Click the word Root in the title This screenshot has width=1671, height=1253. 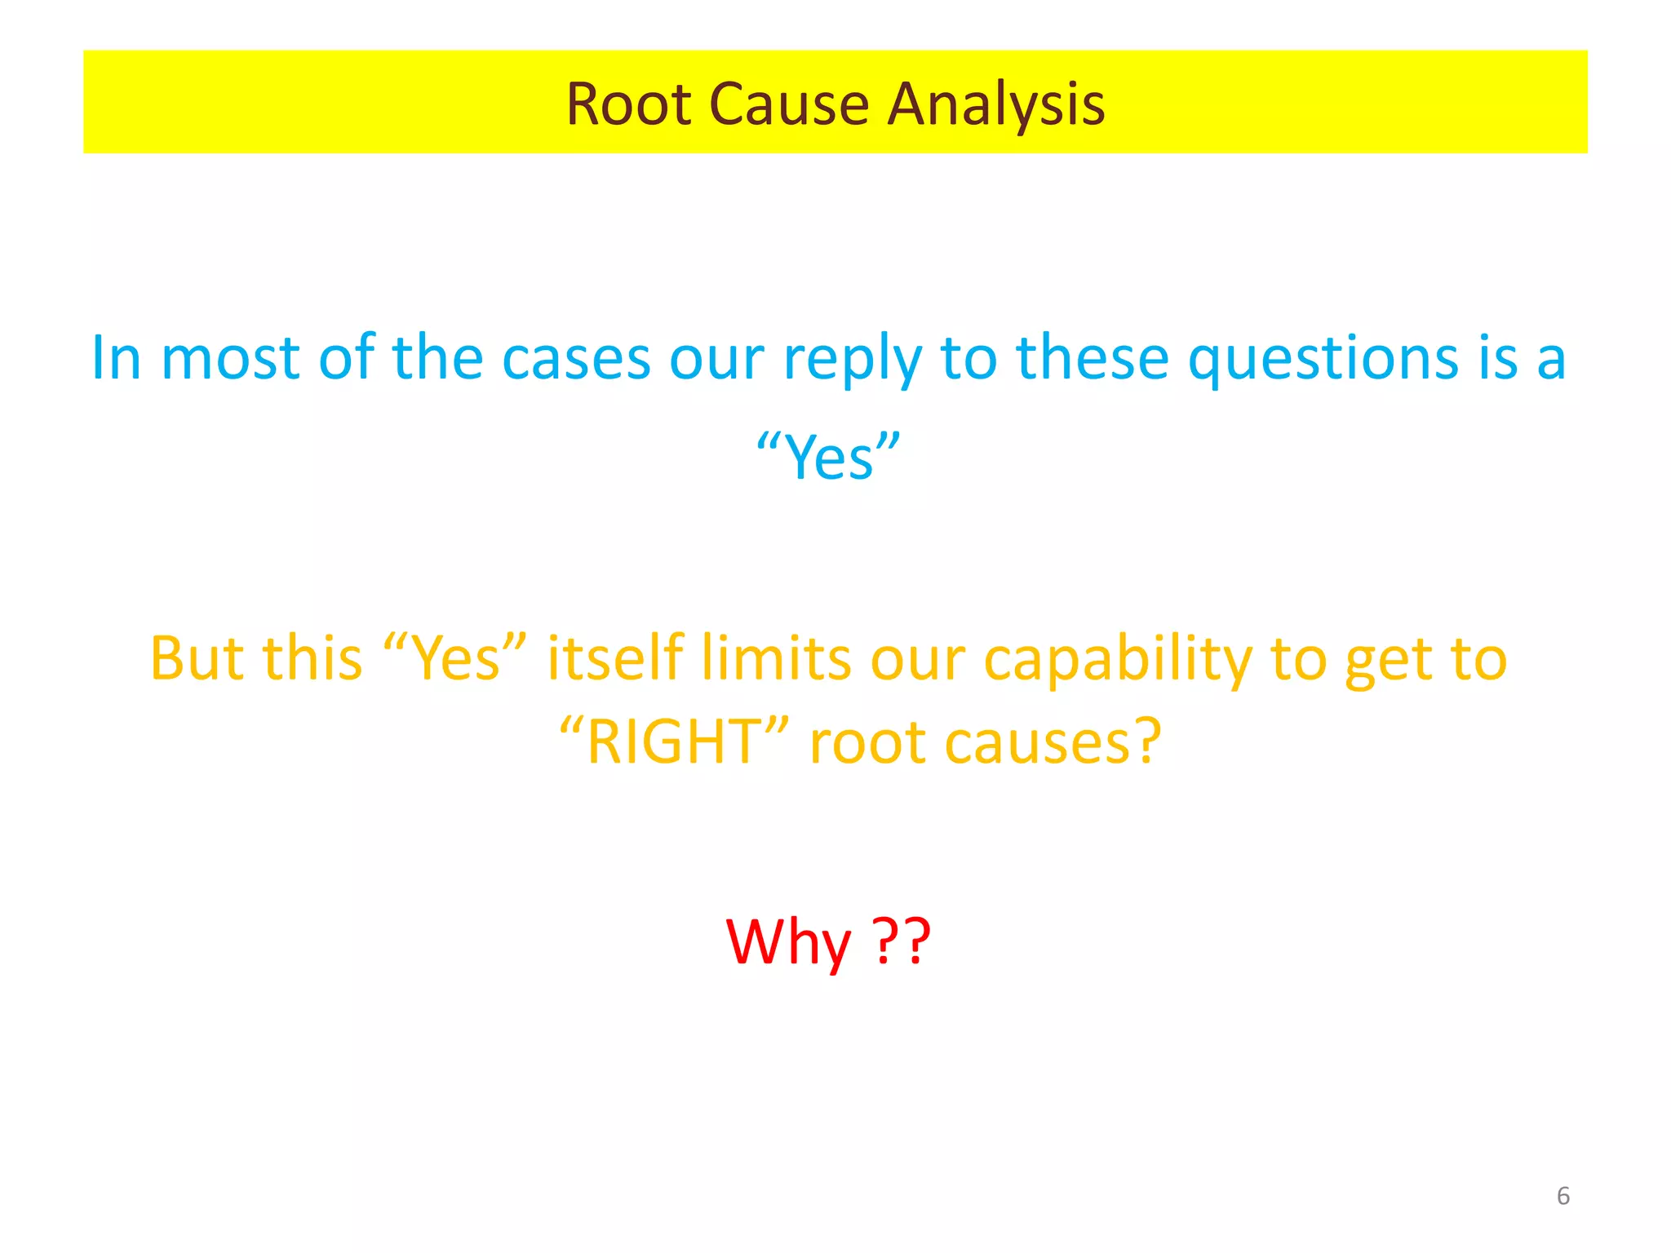[628, 104]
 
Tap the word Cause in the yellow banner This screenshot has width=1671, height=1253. [789, 104]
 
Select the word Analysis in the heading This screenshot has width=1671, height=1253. [996, 104]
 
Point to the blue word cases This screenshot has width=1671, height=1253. [575, 359]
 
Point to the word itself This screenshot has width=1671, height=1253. [614, 659]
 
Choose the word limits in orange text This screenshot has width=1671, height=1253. [776, 659]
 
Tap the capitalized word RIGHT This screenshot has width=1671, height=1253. [674, 743]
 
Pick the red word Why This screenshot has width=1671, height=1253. [788, 942]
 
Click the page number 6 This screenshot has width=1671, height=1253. [1563, 1196]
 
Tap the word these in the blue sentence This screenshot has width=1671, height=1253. [1092, 359]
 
